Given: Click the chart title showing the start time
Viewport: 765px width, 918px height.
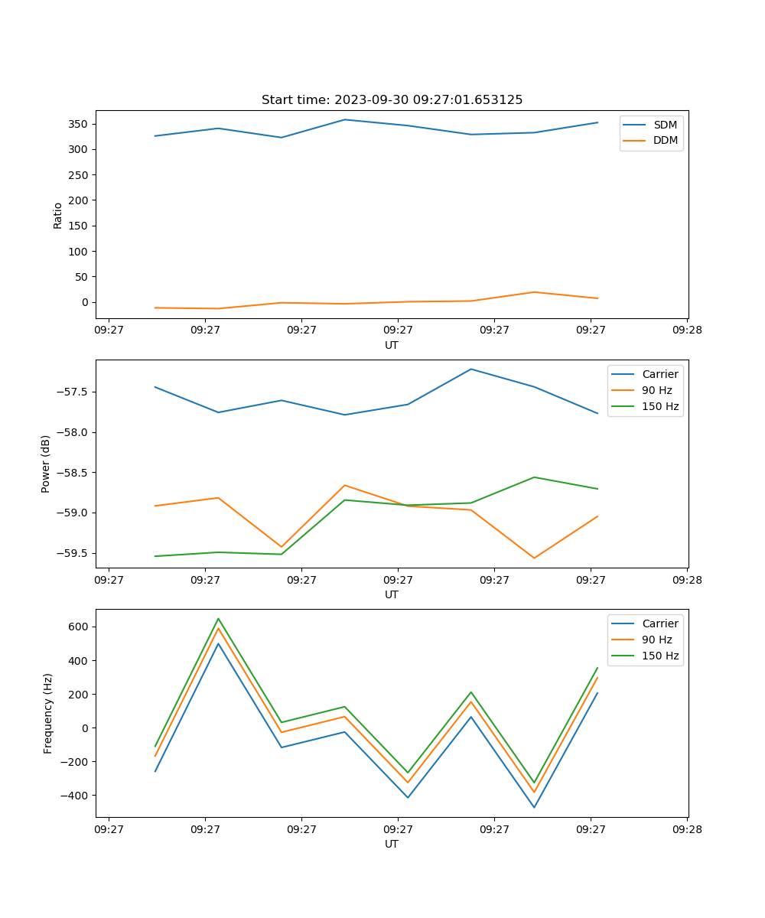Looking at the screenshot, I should [392, 100].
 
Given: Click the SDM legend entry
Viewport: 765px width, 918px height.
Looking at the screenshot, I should [665, 125].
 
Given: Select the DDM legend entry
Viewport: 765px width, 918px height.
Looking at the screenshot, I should [665, 140].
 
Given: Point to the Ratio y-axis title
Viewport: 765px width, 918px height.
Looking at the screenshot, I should [58, 216].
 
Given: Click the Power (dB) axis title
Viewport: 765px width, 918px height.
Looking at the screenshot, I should [46, 464].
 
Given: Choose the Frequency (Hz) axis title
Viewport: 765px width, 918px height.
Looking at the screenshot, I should [48, 713].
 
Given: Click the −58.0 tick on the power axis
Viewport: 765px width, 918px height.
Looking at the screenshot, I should [73, 432].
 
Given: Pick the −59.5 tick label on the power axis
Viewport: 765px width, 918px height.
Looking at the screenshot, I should [73, 553].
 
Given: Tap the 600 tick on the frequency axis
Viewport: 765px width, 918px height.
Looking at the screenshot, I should [80, 627].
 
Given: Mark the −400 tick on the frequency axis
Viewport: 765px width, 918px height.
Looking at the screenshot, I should [76, 796].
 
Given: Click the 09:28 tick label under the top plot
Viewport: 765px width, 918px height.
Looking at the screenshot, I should [687, 330].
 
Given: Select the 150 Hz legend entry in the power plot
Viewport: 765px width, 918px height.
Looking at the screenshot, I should [660, 407].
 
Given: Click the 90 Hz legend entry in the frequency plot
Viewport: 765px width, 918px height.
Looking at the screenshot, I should [656, 640].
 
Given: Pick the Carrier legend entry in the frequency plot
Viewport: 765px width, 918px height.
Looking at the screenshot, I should [659, 623].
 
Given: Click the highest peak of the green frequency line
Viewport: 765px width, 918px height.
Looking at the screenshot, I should [218, 618].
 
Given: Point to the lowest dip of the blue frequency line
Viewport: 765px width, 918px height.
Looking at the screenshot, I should [534, 807].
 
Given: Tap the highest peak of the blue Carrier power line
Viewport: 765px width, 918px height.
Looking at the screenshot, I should [471, 369].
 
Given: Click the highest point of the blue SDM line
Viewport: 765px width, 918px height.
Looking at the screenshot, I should [345, 119].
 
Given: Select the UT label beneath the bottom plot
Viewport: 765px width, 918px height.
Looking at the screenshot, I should [392, 844].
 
